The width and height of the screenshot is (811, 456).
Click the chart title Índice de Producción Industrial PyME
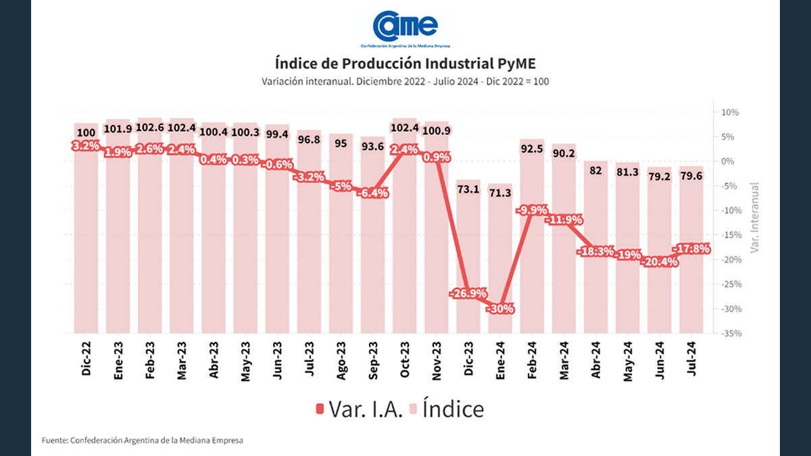(405, 64)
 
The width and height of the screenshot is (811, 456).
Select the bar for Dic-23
(469, 257)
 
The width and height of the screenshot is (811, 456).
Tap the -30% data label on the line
(501, 309)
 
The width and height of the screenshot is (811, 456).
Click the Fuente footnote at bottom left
(142, 440)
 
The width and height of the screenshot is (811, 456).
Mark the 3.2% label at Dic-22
(86, 146)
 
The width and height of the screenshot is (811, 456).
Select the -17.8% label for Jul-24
(691, 249)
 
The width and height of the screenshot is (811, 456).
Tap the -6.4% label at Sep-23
(374, 193)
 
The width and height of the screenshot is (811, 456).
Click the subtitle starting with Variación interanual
(405, 81)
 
